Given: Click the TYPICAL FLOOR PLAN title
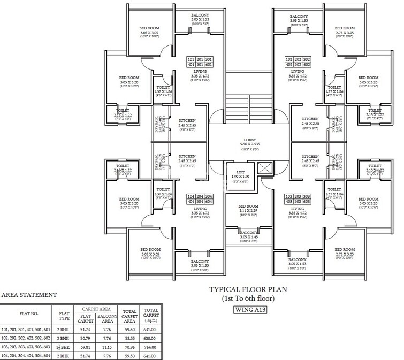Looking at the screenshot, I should [x=248, y=289].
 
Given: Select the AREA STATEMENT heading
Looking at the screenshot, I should [x=29, y=295].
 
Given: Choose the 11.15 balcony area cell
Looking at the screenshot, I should [x=107, y=346].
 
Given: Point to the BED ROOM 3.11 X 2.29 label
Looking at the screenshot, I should [x=248, y=209].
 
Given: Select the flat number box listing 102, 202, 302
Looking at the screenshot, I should [x=298, y=62].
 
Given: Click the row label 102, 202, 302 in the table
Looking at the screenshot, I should [x=26, y=338].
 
